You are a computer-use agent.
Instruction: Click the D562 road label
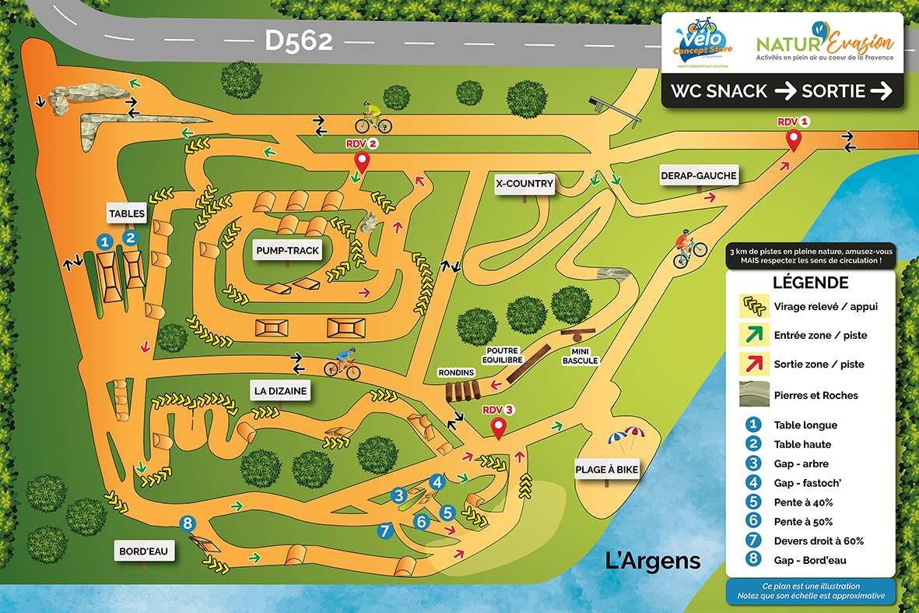point(299,41)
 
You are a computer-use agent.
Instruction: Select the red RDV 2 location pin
point(362,162)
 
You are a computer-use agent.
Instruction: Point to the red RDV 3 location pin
point(499,427)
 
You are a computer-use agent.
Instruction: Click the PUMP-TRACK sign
point(287,250)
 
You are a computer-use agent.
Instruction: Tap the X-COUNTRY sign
point(524,185)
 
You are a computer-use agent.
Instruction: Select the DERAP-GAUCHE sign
point(698,175)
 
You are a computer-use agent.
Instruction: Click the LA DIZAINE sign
point(279,390)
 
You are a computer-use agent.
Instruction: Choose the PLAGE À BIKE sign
point(606,469)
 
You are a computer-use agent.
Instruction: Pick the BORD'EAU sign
point(144,551)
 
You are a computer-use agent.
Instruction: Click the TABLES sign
point(127,213)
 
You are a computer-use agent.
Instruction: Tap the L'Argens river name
point(653,560)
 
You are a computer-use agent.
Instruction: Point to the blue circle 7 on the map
point(383,530)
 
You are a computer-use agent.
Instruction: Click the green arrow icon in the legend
point(752,335)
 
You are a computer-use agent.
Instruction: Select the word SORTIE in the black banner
point(833,91)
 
